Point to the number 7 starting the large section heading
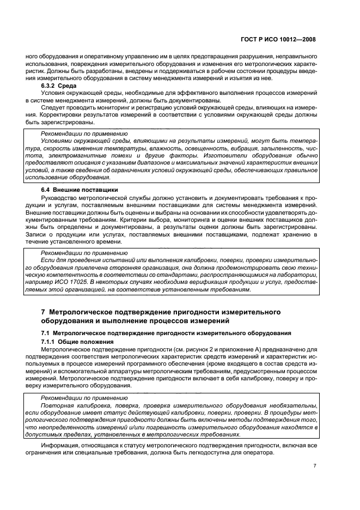pos(44,312)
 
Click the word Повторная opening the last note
pos(57,405)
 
